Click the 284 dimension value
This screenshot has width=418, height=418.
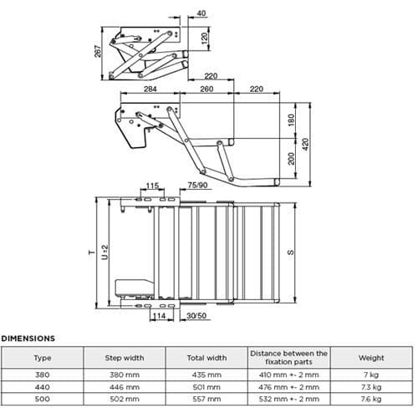150,87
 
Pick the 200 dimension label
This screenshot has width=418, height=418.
293,159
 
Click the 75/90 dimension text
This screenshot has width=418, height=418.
199,186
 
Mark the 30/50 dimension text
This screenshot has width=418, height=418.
198,318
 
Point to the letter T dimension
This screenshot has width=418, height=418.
92,250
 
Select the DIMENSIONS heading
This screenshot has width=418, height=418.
28,339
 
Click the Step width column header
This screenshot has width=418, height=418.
124,358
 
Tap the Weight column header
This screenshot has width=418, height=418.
371,358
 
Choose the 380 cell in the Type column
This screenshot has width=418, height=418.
42,375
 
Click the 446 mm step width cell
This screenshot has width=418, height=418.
124,388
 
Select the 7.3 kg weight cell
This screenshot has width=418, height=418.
371,388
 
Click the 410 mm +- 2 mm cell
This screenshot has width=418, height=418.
289,375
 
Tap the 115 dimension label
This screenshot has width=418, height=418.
152,186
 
